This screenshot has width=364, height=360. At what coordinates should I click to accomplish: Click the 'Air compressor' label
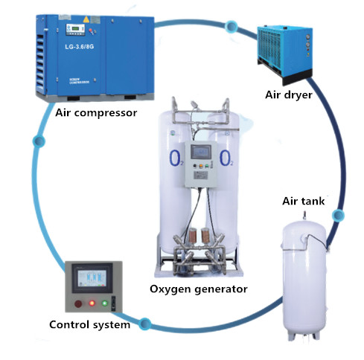(95, 113)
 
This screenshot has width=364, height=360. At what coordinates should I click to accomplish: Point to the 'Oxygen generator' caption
(198, 289)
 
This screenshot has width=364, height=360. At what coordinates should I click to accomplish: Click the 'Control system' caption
(89, 324)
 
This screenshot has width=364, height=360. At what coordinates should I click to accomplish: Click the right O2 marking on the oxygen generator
(225, 158)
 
